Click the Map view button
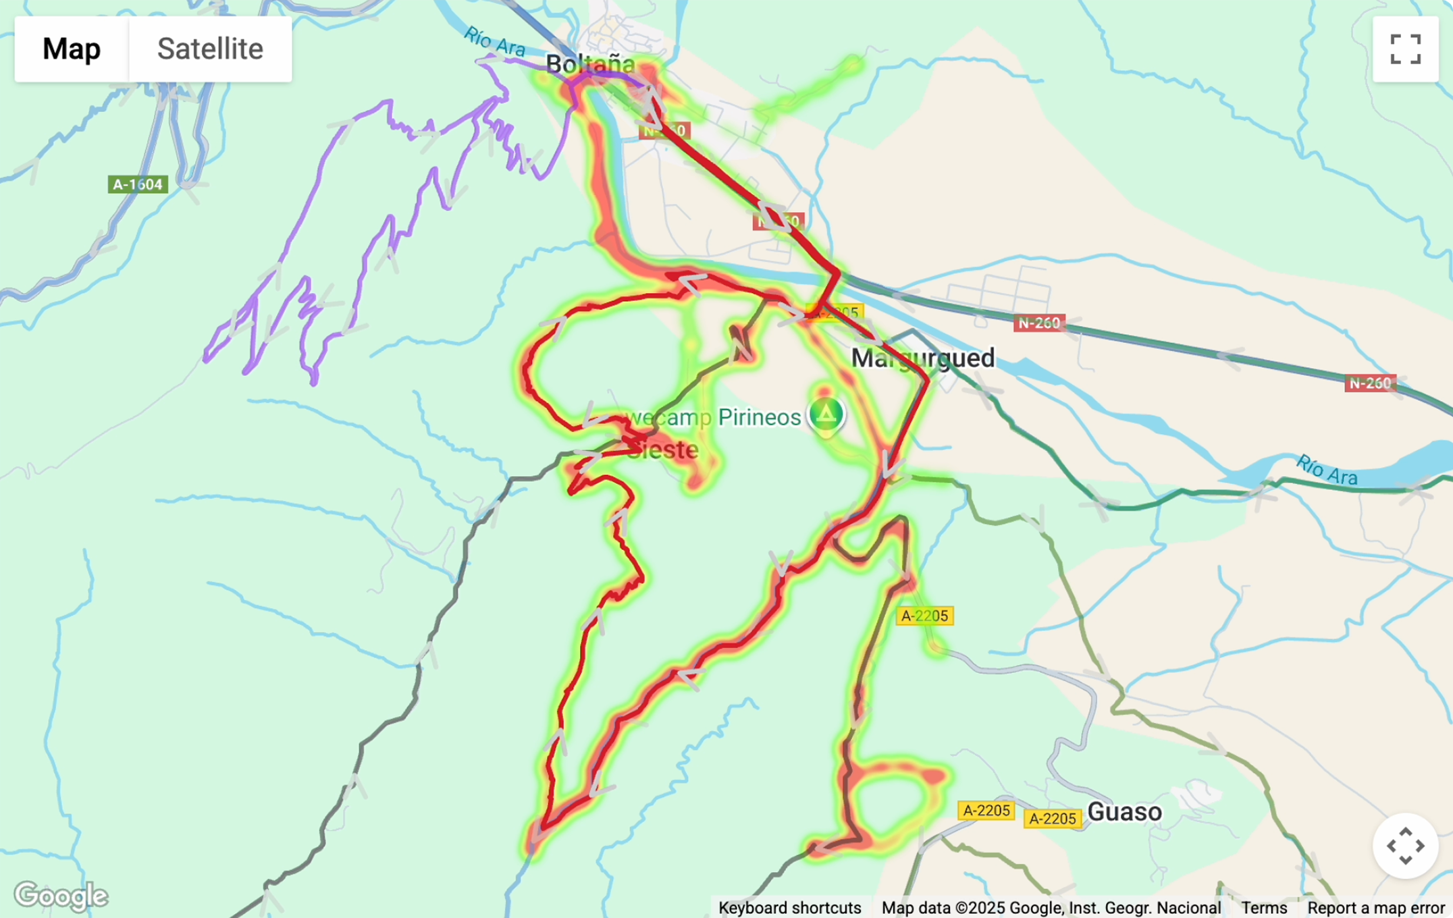(x=72, y=49)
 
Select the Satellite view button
(x=210, y=49)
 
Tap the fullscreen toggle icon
(x=1405, y=49)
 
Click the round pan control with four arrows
(x=1405, y=846)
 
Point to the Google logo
(x=61, y=896)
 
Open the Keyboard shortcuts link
(x=789, y=908)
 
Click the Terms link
(x=1263, y=908)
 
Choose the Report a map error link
(x=1375, y=908)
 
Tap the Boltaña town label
(x=590, y=64)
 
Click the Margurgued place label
(x=922, y=358)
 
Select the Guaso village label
(x=1124, y=811)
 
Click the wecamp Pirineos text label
(x=712, y=417)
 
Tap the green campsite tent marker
(x=826, y=413)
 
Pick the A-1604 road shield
(x=138, y=184)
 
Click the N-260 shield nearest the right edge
(x=1369, y=383)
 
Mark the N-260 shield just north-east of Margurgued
(x=1039, y=323)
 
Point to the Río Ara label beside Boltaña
(x=494, y=42)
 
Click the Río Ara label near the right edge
(x=1326, y=470)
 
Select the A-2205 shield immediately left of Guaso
(x=1053, y=819)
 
